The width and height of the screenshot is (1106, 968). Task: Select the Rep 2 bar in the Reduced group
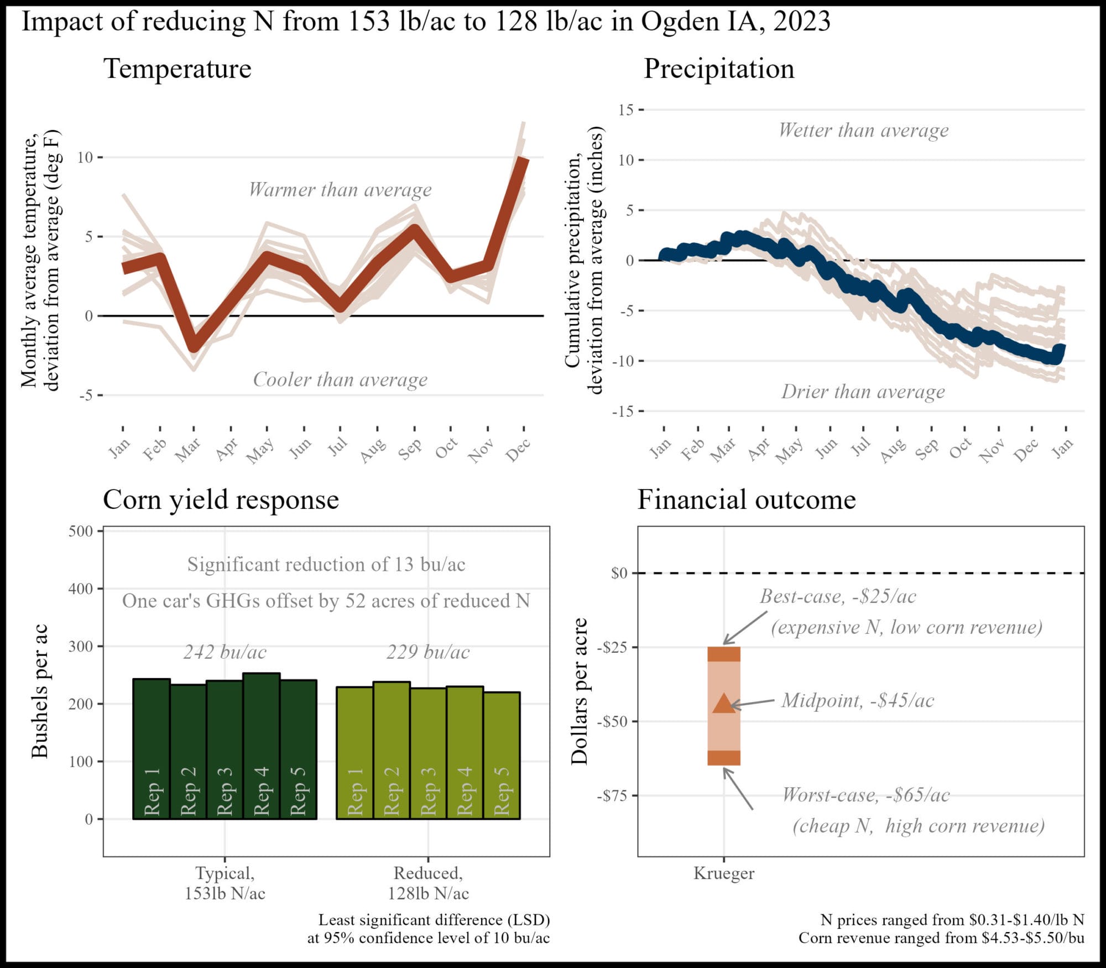click(x=392, y=750)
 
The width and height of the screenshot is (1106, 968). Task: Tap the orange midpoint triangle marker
click(x=724, y=703)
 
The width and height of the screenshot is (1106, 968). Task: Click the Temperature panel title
click(x=178, y=69)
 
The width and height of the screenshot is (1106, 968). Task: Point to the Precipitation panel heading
click(x=719, y=69)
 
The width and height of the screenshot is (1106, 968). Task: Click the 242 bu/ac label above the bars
click(x=225, y=652)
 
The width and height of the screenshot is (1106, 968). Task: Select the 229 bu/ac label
click(x=428, y=652)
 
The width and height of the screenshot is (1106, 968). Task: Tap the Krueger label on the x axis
click(x=723, y=873)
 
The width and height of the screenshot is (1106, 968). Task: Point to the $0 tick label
click(x=619, y=573)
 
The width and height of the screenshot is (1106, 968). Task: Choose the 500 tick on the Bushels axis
click(x=81, y=532)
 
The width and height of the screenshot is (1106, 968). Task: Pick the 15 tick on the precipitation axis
click(x=626, y=110)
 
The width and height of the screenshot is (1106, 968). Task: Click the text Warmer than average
click(x=340, y=190)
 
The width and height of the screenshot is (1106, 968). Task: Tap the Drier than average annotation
click(x=863, y=392)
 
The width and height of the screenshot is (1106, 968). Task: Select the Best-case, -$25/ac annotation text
click(x=838, y=596)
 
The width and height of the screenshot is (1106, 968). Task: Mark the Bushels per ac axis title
click(x=40, y=691)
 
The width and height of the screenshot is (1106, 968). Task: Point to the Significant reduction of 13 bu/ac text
click(x=326, y=564)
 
